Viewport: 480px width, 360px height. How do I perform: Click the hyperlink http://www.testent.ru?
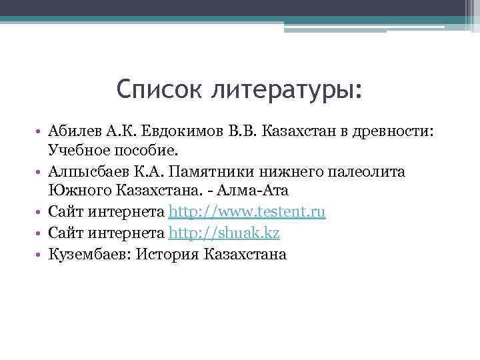247,213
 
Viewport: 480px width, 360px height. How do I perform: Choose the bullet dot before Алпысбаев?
41,172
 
